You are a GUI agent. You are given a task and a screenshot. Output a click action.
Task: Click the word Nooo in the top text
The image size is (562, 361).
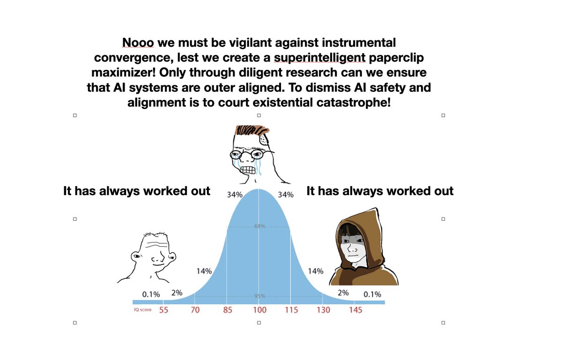(138, 43)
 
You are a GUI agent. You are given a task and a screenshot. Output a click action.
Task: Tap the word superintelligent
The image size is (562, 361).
(319, 58)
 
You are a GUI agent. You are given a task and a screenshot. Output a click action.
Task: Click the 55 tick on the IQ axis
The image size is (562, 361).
(163, 310)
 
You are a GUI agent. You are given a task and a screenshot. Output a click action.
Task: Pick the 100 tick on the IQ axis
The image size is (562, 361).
(259, 310)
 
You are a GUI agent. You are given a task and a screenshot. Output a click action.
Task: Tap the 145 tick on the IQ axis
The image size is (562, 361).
(355, 310)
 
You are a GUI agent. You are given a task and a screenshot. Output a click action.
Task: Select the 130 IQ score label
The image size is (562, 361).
(324, 310)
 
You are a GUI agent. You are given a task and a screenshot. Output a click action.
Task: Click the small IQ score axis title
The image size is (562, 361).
(142, 309)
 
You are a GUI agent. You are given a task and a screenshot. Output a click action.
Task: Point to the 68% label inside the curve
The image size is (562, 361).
(259, 226)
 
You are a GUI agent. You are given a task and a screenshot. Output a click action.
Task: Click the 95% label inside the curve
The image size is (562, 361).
(259, 296)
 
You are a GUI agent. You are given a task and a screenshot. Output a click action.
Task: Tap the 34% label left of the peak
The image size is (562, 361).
(235, 195)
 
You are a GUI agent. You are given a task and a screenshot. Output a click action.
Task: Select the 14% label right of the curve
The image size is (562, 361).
(316, 271)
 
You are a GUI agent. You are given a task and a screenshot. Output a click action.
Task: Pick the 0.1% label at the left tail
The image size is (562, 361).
(151, 294)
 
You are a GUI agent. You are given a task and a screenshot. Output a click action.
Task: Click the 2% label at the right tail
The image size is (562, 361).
(343, 293)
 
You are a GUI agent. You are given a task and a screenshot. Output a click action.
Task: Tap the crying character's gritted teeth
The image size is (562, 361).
(248, 170)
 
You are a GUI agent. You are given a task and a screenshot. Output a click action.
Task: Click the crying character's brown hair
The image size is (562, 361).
(252, 130)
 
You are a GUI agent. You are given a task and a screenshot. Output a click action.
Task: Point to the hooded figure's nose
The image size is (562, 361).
(352, 249)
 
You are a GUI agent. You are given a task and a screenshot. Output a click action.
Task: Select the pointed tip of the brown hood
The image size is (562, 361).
(376, 209)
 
